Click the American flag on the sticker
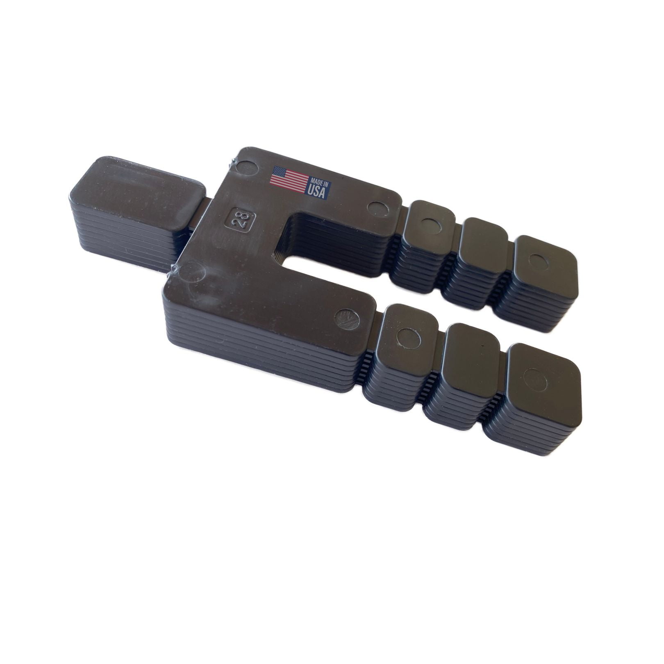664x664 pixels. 289,179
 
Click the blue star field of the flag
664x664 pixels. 279,172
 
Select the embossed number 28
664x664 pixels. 239,222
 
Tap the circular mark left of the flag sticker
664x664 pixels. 247,167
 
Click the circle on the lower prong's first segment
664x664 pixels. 408,338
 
